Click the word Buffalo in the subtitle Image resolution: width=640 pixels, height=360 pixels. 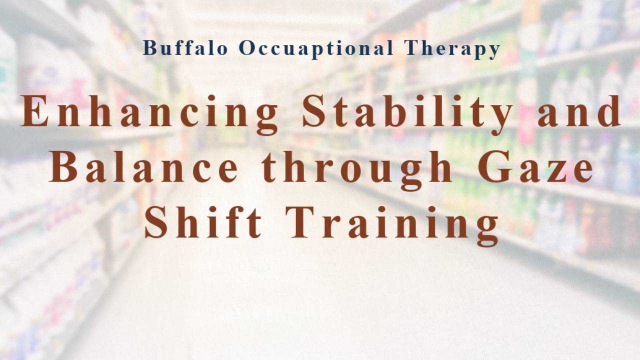pyautogui.click(x=185, y=48)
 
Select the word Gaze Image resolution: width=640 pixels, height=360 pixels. pyautogui.click(x=535, y=168)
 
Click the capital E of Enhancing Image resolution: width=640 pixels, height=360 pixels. pyautogui.click(x=34, y=112)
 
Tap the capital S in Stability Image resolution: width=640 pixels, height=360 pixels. pyautogui.click(x=315, y=112)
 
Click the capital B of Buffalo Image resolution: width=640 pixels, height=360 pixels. pyautogui.click(x=149, y=48)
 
